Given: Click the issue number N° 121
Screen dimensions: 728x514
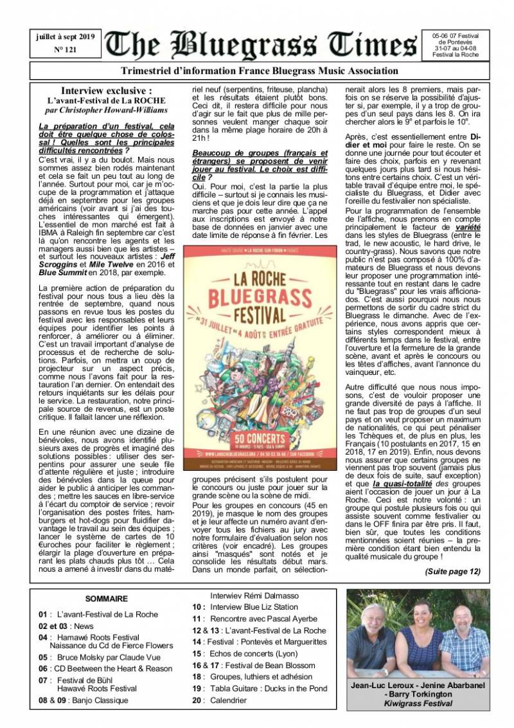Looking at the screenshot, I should click(64, 49).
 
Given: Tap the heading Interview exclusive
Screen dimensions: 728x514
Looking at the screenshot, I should click(107, 91).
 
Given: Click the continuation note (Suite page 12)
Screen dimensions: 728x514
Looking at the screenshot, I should click(452, 571).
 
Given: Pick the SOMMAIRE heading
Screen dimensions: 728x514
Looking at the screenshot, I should click(107, 599).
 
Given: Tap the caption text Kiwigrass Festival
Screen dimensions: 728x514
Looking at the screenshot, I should click(418, 704).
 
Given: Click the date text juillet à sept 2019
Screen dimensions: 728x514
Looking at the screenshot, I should click(64, 37).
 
